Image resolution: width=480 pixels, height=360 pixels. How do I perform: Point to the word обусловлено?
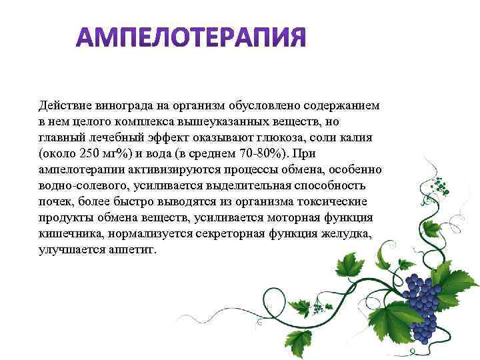coord(263,105)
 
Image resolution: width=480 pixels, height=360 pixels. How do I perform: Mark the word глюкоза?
coord(286,137)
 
